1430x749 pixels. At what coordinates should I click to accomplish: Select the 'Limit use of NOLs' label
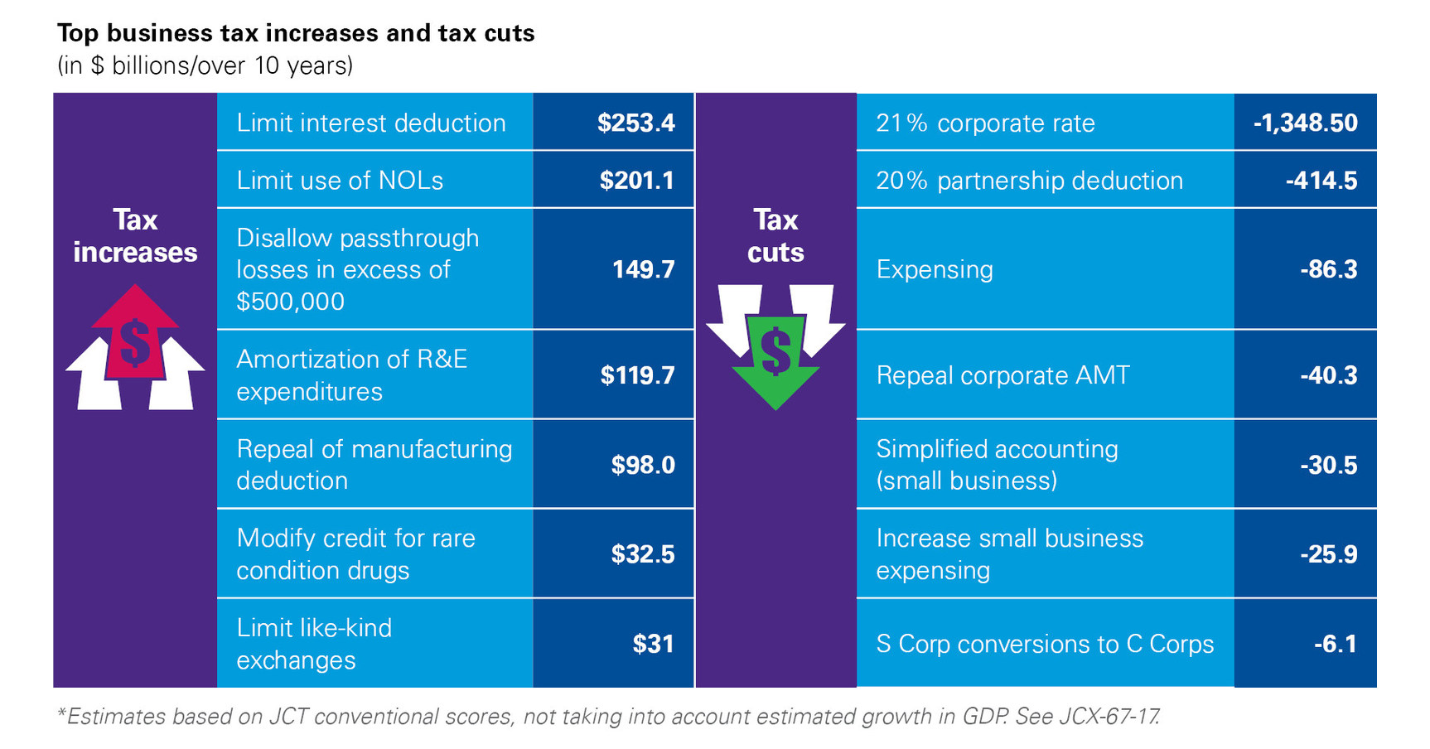pyautogui.click(x=340, y=180)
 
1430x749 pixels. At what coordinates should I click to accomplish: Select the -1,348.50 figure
pyautogui.click(x=1305, y=123)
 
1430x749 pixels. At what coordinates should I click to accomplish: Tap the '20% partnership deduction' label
pyautogui.click(x=1029, y=180)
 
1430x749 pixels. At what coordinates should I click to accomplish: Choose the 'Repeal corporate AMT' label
pyautogui.click(x=1002, y=375)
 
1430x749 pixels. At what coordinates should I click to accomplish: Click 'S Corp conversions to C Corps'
pyautogui.click(x=1045, y=644)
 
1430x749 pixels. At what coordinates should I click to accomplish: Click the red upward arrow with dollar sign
pyautogui.click(x=135, y=336)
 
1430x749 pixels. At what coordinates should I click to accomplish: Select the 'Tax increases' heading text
pyautogui.click(x=135, y=236)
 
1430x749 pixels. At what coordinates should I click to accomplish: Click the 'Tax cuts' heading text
pyautogui.click(x=775, y=236)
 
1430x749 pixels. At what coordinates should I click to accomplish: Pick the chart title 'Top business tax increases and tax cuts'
pyautogui.click(x=296, y=33)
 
